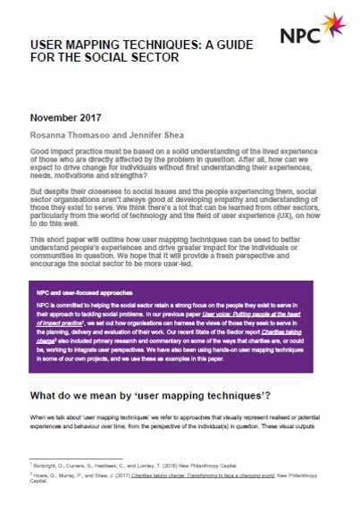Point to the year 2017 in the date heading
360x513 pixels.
tap(96, 118)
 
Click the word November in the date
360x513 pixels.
tap(56, 118)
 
